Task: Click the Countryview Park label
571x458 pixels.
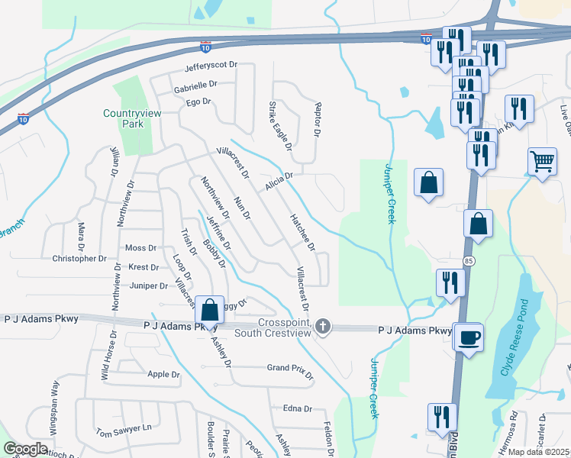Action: tap(123, 118)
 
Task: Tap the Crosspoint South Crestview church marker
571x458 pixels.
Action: tap(323, 327)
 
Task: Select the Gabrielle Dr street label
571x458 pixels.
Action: tap(195, 85)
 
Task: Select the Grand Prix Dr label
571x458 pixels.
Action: tap(290, 368)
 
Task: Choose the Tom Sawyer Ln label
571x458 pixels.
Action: tap(124, 430)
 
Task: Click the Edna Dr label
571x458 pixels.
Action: tap(298, 408)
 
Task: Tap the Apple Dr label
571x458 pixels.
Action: tap(163, 375)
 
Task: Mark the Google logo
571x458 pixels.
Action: tap(25, 449)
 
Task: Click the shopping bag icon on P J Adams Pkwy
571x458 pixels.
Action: tap(209, 309)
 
